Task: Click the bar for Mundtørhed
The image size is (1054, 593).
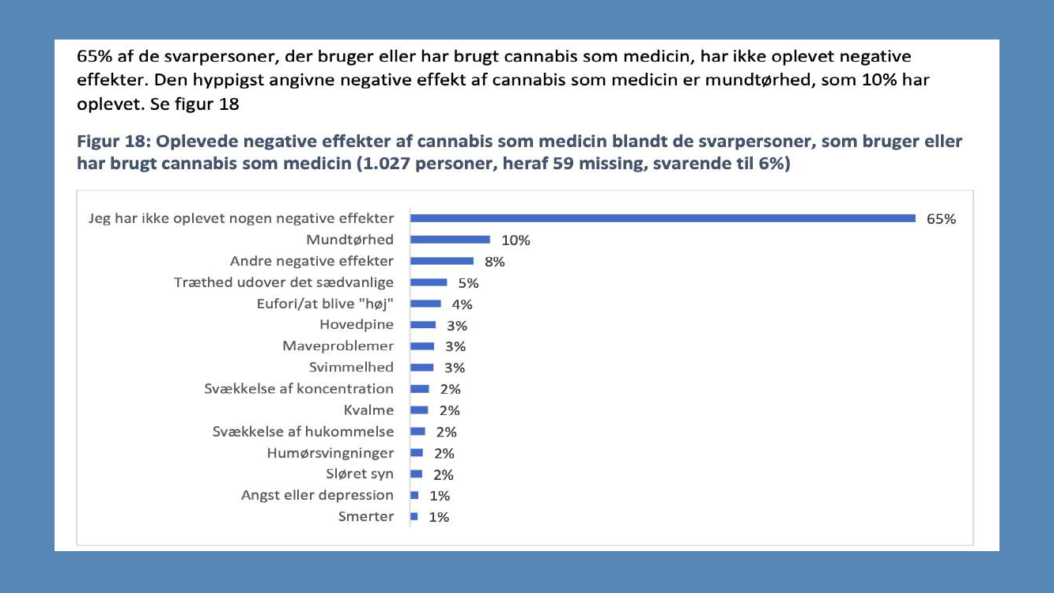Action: (x=450, y=240)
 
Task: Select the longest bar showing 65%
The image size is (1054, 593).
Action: (x=663, y=218)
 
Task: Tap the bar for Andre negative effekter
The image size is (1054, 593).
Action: (x=442, y=261)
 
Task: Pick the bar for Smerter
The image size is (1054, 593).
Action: (x=414, y=516)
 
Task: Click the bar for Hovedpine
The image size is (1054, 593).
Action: (x=423, y=325)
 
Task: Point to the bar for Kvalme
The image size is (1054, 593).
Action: (x=419, y=410)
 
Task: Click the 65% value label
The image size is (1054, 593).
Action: (x=941, y=219)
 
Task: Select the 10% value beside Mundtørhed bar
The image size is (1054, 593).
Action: (x=516, y=240)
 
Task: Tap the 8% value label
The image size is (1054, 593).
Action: (x=495, y=262)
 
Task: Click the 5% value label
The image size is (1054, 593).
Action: (x=469, y=283)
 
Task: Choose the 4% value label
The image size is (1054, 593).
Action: (x=462, y=304)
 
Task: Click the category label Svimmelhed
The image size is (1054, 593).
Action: (x=351, y=367)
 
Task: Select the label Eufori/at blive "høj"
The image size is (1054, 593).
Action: (x=325, y=304)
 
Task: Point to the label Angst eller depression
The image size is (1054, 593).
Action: (x=317, y=495)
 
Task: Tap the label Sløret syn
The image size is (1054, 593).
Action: (x=360, y=474)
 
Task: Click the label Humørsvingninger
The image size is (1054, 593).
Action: (x=331, y=453)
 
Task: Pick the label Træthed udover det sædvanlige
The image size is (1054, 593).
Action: (x=284, y=282)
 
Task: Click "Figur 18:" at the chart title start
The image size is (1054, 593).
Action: (x=111, y=142)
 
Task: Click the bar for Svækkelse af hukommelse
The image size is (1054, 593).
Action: (x=417, y=431)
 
